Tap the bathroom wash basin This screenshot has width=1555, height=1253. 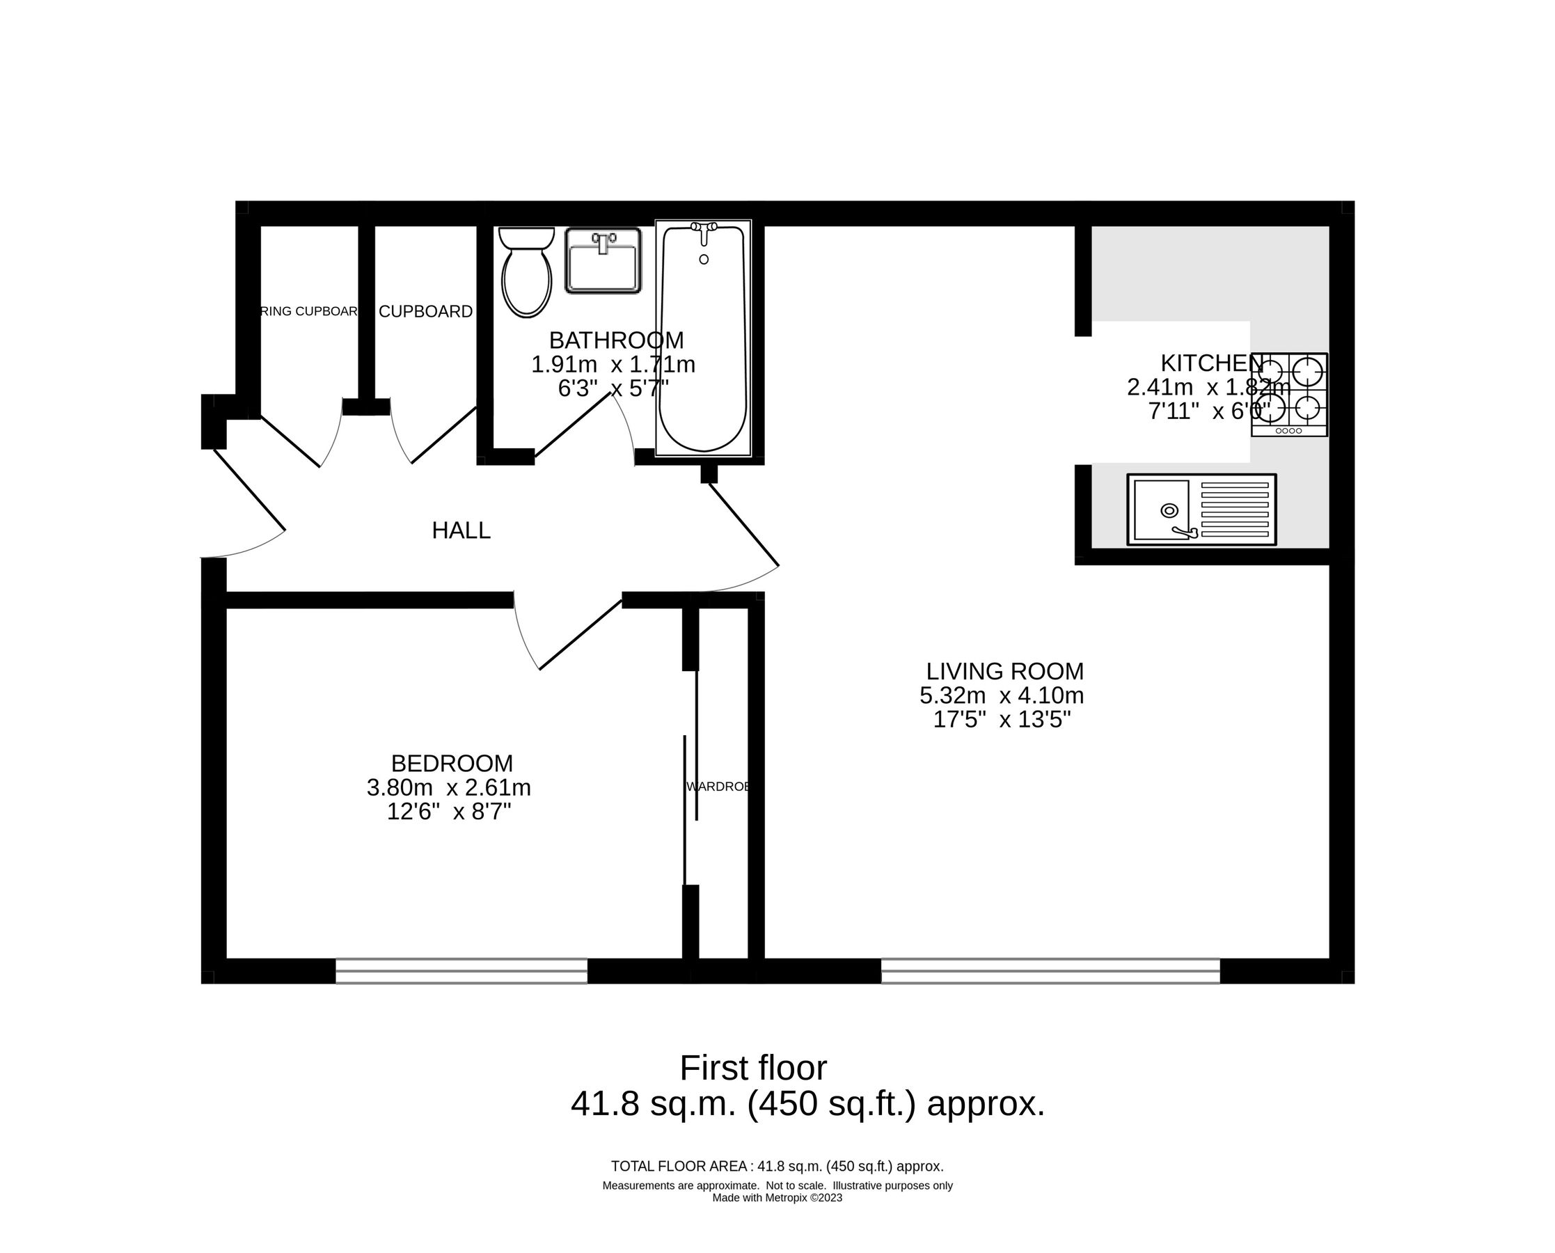click(x=603, y=261)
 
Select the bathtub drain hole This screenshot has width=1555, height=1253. click(x=704, y=259)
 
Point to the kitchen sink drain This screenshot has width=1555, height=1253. click(x=1169, y=510)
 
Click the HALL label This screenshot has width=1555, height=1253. click(x=461, y=530)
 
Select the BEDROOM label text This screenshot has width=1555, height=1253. click(x=452, y=763)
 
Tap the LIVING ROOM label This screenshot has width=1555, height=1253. click(x=1004, y=671)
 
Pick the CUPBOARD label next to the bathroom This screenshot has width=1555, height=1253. click(x=426, y=311)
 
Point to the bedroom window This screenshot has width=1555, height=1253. click(x=461, y=971)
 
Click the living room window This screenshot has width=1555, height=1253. click(x=1050, y=971)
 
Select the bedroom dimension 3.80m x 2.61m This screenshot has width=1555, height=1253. click(x=449, y=787)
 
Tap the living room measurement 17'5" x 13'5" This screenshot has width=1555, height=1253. click(x=1002, y=720)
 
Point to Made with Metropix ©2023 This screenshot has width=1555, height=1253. click(x=777, y=1197)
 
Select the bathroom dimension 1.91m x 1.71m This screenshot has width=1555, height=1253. click(x=613, y=365)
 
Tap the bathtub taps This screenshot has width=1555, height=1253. click(x=704, y=228)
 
